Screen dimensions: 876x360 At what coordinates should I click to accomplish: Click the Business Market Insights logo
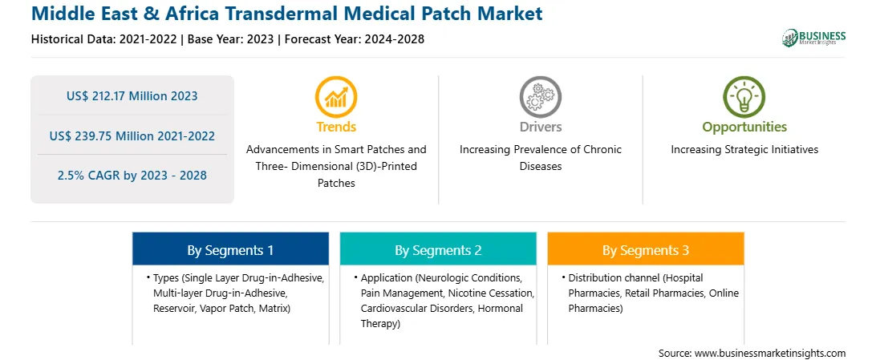click(814, 38)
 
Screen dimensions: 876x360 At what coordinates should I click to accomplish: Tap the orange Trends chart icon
click(336, 97)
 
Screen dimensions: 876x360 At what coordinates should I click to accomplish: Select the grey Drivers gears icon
click(540, 97)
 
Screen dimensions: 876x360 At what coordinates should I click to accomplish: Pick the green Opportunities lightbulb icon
click(744, 97)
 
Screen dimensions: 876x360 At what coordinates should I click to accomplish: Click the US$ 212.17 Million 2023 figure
click(132, 96)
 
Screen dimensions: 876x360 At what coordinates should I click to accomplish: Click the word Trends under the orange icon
click(336, 127)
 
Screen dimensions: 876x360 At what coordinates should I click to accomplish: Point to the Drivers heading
click(540, 127)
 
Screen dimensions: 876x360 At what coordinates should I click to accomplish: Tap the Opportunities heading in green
click(744, 127)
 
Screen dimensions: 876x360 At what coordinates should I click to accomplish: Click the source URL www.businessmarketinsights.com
click(770, 354)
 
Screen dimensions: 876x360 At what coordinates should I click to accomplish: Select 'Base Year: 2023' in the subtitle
click(231, 39)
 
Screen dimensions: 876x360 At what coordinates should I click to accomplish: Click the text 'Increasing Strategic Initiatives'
click(744, 150)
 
